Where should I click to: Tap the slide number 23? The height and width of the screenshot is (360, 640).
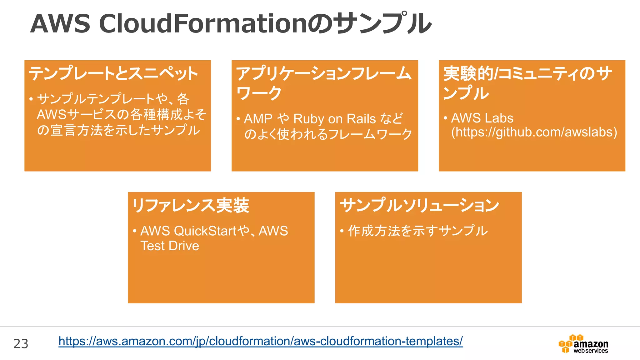pyautogui.click(x=21, y=344)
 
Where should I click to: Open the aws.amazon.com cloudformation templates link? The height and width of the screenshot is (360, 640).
pyautogui.click(x=260, y=341)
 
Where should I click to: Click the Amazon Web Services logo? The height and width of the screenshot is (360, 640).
pyautogui.click(x=583, y=344)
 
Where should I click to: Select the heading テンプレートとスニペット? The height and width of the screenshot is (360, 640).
pyautogui.click(x=113, y=73)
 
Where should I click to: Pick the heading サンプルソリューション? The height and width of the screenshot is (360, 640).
pyautogui.click(x=419, y=205)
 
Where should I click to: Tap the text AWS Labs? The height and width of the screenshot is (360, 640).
pyautogui.click(x=482, y=118)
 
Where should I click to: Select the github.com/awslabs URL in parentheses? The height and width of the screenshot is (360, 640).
pyautogui.click(x=534, y=132)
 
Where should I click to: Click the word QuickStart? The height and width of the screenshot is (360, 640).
pyautogui.click(x=205, y=231)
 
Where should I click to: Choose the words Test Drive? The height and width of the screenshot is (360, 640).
pyautogui.click(x=170, y=246)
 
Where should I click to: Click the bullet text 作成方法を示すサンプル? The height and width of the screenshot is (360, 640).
pyautogui.click(x=418, y=231)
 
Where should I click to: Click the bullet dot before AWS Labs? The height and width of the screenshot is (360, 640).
pyautogui.click(x=445, y=118)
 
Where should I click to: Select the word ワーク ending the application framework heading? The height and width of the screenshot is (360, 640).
pyautogui.click(x=259, y=93)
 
